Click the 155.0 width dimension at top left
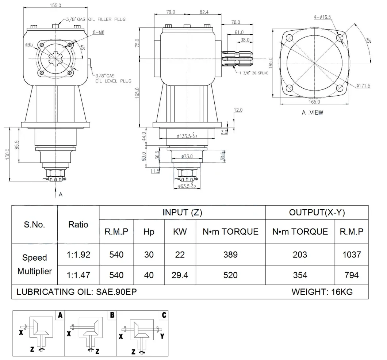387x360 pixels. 55,5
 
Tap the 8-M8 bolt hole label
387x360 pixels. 99,32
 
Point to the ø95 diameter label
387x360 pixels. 29,45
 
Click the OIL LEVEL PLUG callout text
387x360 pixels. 113,81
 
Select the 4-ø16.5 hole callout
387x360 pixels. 322,17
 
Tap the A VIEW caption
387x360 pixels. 312,112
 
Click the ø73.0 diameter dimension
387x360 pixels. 187,156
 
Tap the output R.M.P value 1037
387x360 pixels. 352,254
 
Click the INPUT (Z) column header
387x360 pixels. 182,212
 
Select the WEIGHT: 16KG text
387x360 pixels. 322,292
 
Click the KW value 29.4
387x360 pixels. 180,275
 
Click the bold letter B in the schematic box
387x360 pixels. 112,315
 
